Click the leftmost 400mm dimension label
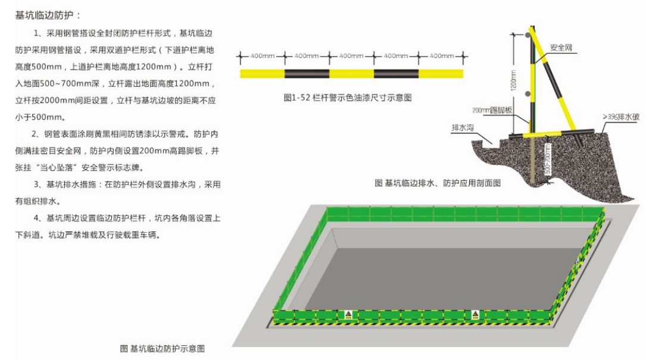262,56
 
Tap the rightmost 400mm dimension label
441,56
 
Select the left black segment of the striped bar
307,74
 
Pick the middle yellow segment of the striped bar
351,74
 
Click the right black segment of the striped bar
396,74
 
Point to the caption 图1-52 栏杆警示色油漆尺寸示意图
347,98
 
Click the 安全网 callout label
561,46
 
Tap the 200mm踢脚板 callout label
492,110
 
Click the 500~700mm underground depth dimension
548,159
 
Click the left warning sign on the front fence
348,314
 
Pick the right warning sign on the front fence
475,314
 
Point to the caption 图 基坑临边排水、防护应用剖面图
438,183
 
